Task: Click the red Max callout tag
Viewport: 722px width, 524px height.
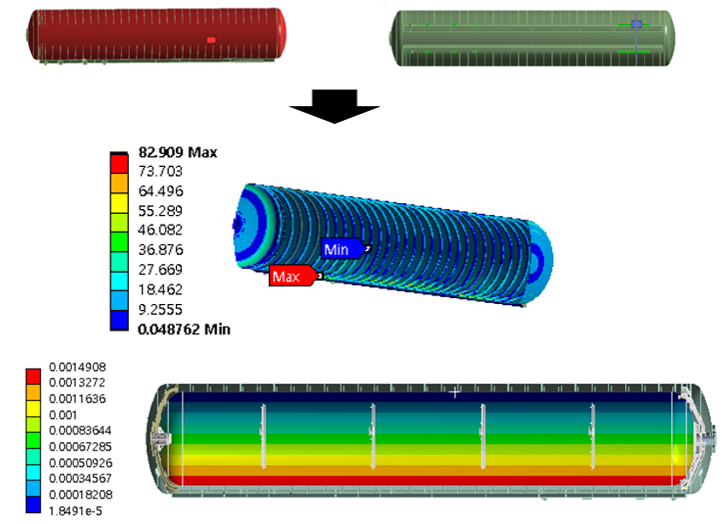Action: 291,276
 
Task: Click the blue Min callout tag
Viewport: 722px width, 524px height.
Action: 341,248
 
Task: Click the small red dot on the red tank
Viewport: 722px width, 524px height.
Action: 211,40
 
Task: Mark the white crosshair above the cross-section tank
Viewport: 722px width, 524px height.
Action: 455,393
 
